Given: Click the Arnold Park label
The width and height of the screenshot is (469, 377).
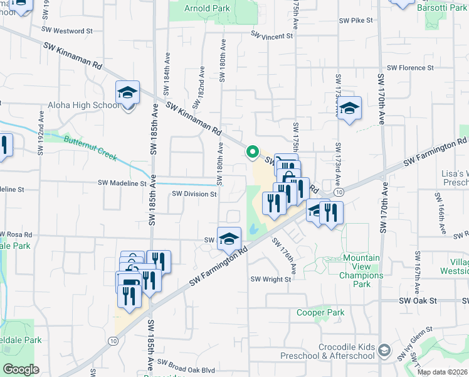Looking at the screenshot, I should coord(208,9).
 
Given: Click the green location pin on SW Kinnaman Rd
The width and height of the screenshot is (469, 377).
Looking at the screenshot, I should coord(252,152).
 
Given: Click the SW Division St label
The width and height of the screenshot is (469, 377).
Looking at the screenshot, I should coord(195,194).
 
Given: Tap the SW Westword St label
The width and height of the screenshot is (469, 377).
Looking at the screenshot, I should coord(67,30).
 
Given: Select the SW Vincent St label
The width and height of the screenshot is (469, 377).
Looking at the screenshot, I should coord(272,36).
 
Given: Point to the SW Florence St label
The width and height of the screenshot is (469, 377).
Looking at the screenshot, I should coord(410,68).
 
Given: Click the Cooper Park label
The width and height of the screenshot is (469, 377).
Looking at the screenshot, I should coord(320,312).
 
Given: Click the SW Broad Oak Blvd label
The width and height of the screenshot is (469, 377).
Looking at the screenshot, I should coord(186,363).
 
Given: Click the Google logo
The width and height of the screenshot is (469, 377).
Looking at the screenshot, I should coord(21,369).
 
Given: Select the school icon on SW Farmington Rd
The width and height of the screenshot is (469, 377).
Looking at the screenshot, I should coord(229,238).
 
